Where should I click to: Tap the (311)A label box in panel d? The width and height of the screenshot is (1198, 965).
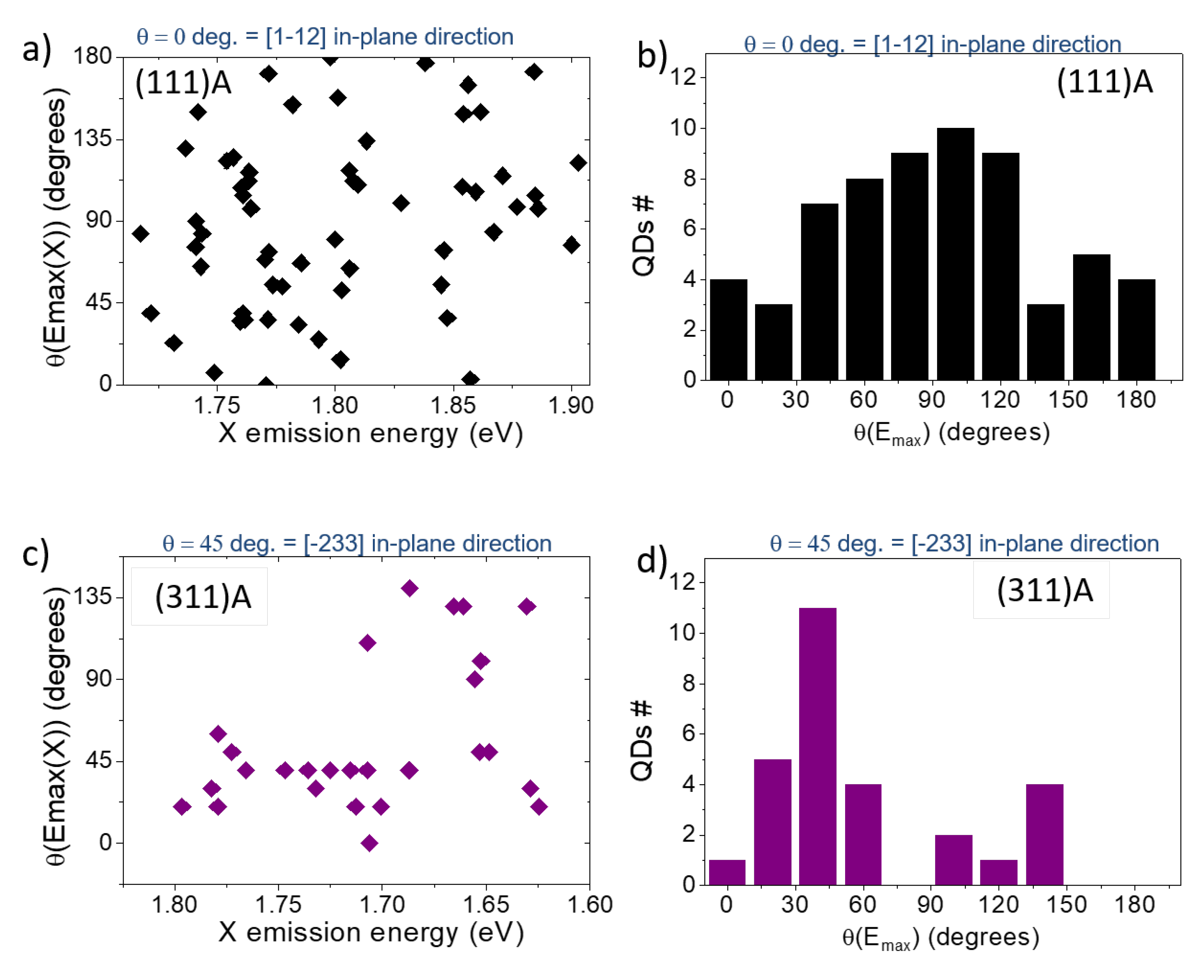pyautogui.click(x=1041, y=590)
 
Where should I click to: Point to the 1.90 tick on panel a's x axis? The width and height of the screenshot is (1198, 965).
pyautogui.click(x=571, y=405)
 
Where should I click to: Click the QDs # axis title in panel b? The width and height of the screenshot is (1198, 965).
pyautogui.click(x=643, y=236)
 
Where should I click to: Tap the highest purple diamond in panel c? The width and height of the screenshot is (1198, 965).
pyautogui.click(x=410, y=588)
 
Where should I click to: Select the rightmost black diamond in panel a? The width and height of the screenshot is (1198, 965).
pyautogui.click(x=579, y=163)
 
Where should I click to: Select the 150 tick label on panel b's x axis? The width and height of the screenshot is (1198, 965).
pyautogui.click(x=1068, y=400)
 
